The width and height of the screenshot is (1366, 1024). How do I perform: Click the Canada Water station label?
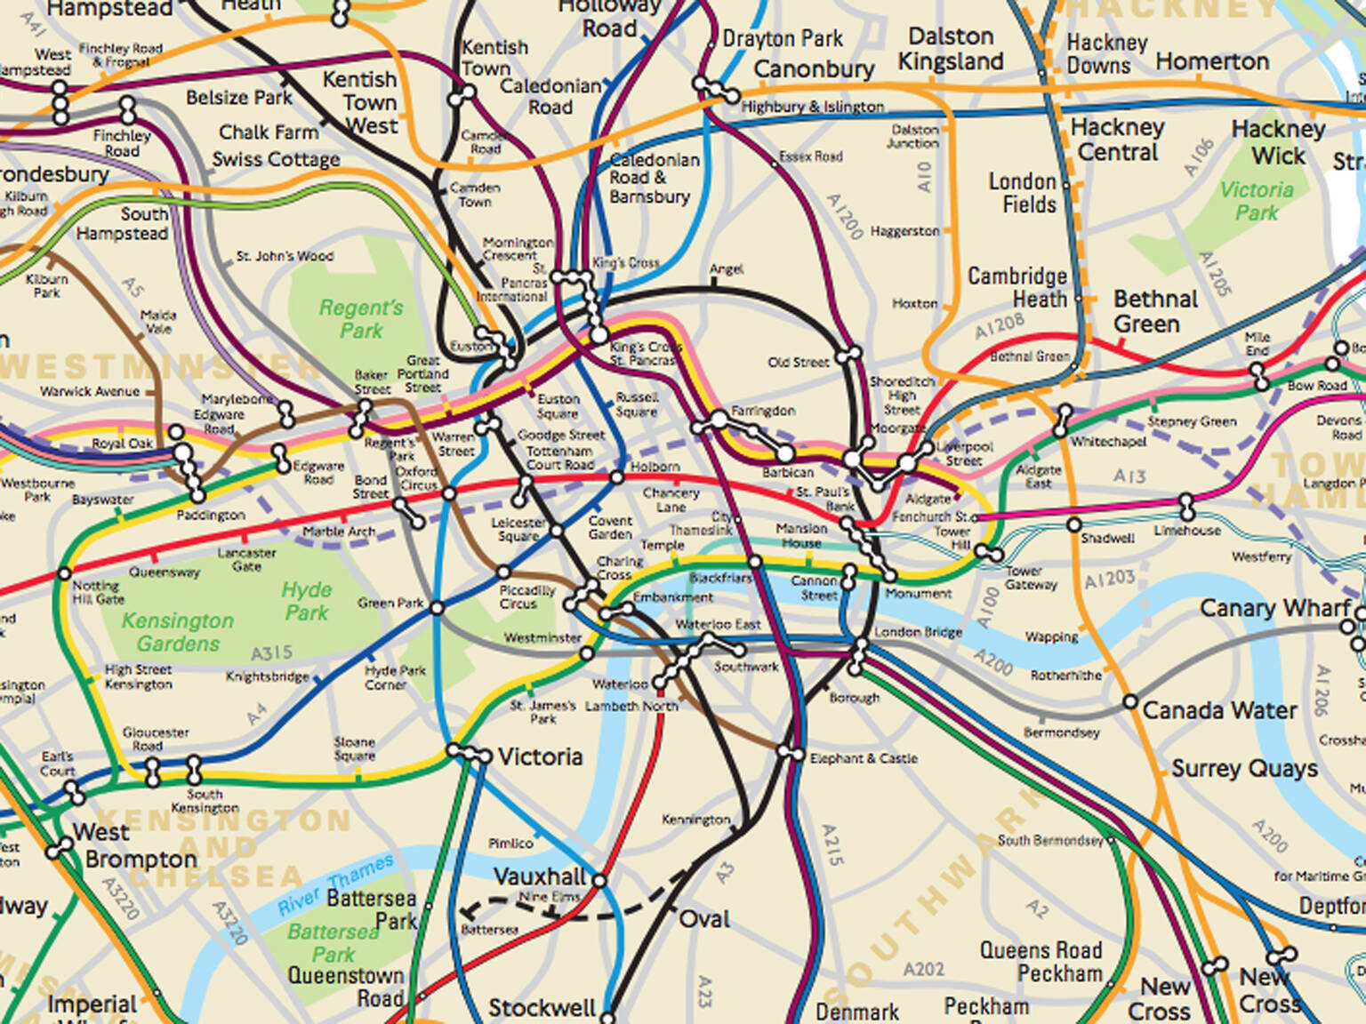click(1218, 710)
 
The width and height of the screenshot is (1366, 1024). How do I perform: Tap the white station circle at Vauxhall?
click(599, 881)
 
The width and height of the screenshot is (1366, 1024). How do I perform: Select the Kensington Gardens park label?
click(177, 632)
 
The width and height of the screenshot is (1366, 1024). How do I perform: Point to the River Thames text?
click(335, 884)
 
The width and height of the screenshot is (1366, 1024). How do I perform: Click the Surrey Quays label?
click(1243, 769)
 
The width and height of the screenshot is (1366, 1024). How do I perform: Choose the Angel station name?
click(726, 269)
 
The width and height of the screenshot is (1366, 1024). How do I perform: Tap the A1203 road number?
click(1110, 580)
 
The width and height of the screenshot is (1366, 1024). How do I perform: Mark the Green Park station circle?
click(437, 608)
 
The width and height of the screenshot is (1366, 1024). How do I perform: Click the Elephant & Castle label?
click(863, 758)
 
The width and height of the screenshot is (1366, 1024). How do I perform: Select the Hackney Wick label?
click(1278, 142)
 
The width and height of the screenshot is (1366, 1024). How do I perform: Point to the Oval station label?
click(704, 919)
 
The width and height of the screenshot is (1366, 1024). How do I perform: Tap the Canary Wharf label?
click(1274, 609)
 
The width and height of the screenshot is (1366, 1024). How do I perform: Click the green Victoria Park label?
click(1256, 202)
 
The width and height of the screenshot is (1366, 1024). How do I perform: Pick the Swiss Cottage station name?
click(276, 160)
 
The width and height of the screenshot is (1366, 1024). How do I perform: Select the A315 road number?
click(271, 653)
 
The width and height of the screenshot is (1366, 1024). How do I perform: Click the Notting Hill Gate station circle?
click(64, 574)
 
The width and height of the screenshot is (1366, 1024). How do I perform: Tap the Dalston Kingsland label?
click(950, 49)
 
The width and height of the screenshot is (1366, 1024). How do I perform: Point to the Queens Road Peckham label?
click(1041, 962)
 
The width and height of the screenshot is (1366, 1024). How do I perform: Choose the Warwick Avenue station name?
click(90, 391)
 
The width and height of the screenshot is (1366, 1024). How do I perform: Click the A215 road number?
click(831, 844)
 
